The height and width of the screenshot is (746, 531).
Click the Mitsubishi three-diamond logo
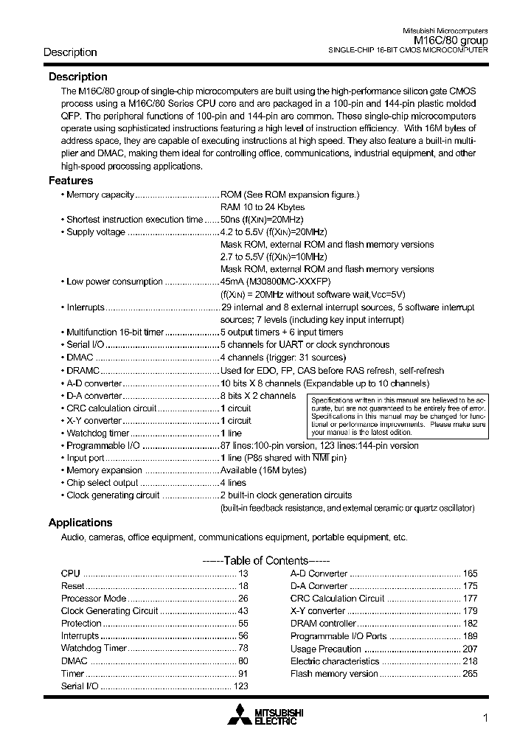pos(240,714)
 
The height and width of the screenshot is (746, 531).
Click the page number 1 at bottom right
pos(485,719)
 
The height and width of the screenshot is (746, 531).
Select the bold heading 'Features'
pos(71,181)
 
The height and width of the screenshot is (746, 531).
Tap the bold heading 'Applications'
pos(80,523)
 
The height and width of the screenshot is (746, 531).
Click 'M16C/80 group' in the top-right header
pos(451,41)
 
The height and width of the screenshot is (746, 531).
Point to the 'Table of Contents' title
pos(265,559)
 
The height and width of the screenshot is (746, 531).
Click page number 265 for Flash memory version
pos(470,674)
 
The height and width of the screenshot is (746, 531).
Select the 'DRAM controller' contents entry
pos(323,624)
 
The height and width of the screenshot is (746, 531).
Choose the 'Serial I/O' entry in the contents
pos(80,686)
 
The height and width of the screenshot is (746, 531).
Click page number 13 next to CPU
pos(243,574)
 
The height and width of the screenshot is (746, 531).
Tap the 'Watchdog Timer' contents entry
pos(94,649)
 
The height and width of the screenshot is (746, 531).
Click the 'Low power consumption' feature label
pos(114,282)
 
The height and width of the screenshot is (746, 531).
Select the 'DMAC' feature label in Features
pos(80,358)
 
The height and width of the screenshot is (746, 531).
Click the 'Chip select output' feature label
pos(102,483)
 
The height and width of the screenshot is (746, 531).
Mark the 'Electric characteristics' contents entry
pos(335,661)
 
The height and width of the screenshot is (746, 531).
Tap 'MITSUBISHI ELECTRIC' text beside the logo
pos(279,715)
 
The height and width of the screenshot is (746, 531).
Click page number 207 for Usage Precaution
pos(470,649)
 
